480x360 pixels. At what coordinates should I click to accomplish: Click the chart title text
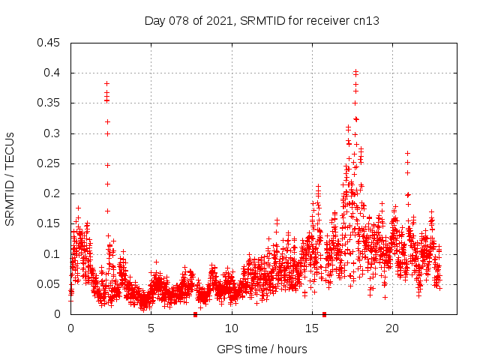[262, 20]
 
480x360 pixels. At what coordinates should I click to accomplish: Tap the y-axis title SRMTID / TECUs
[10, 178]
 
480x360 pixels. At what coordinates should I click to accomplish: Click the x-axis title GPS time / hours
[262, 349]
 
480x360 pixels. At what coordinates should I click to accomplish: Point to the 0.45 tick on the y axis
[50, 43]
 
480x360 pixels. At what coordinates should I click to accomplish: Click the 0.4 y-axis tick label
[53, 73]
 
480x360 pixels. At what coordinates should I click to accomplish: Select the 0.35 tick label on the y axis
[50, 103]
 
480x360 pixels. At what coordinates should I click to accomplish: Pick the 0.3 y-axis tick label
[53, 133]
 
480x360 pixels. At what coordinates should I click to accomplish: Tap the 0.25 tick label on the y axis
[50, 163]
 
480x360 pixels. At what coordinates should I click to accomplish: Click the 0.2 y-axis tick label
[53, 193]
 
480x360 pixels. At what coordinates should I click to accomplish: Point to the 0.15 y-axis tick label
[50, 223]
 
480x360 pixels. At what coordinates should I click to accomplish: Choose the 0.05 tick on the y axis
[50, 284]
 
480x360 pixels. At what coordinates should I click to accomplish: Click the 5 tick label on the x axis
[151, 328]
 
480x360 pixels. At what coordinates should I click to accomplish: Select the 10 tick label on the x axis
[231, 328]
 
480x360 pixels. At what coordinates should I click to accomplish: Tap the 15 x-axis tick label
[311, 328]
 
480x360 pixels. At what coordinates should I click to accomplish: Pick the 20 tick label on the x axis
[391, 328]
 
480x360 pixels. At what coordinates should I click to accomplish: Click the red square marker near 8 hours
[195, 314]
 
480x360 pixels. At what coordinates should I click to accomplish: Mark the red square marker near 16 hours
[324, 314]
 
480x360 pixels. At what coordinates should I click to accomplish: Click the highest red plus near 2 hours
[106, 83]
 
